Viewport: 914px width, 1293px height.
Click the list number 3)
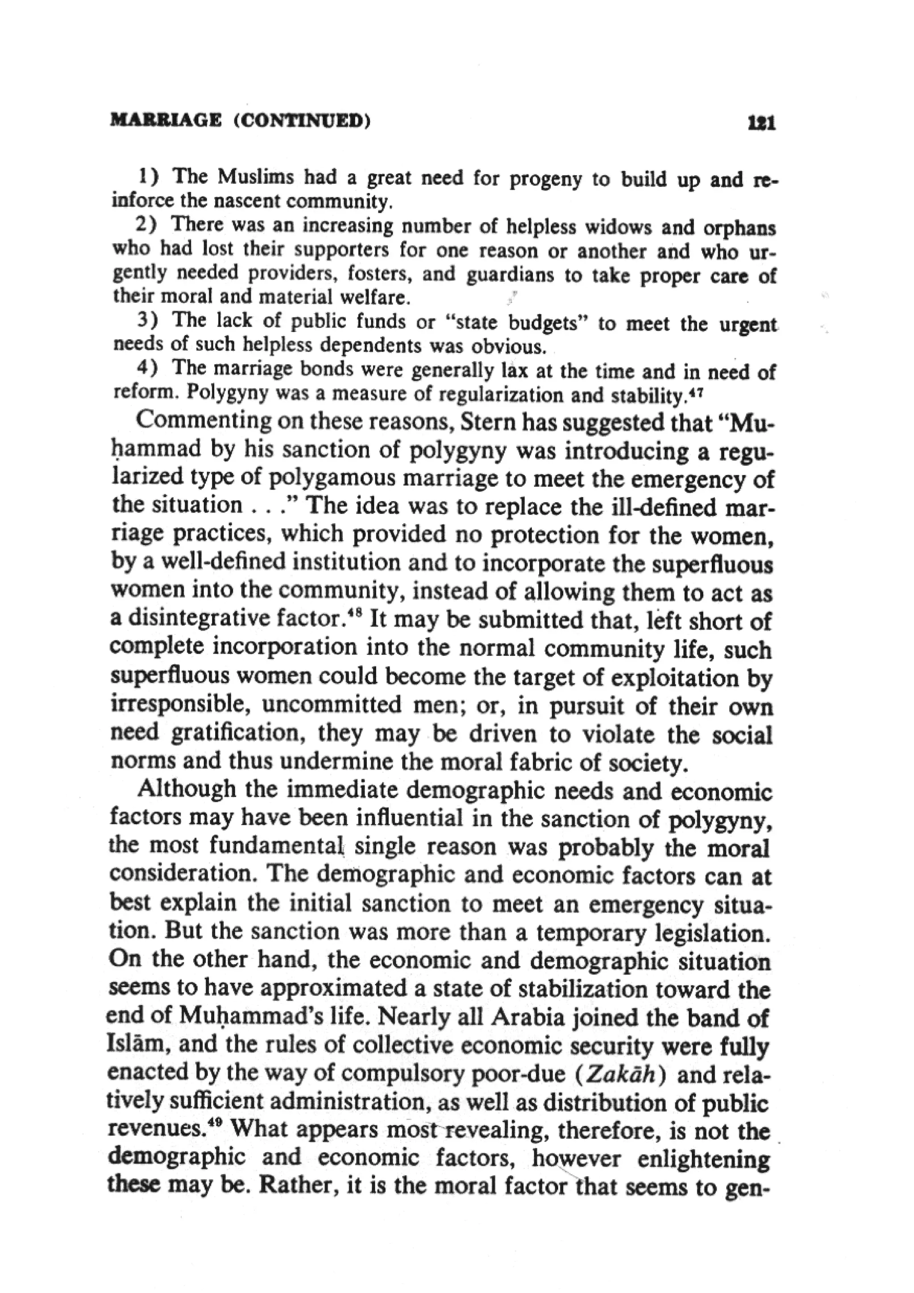[148, 320]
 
